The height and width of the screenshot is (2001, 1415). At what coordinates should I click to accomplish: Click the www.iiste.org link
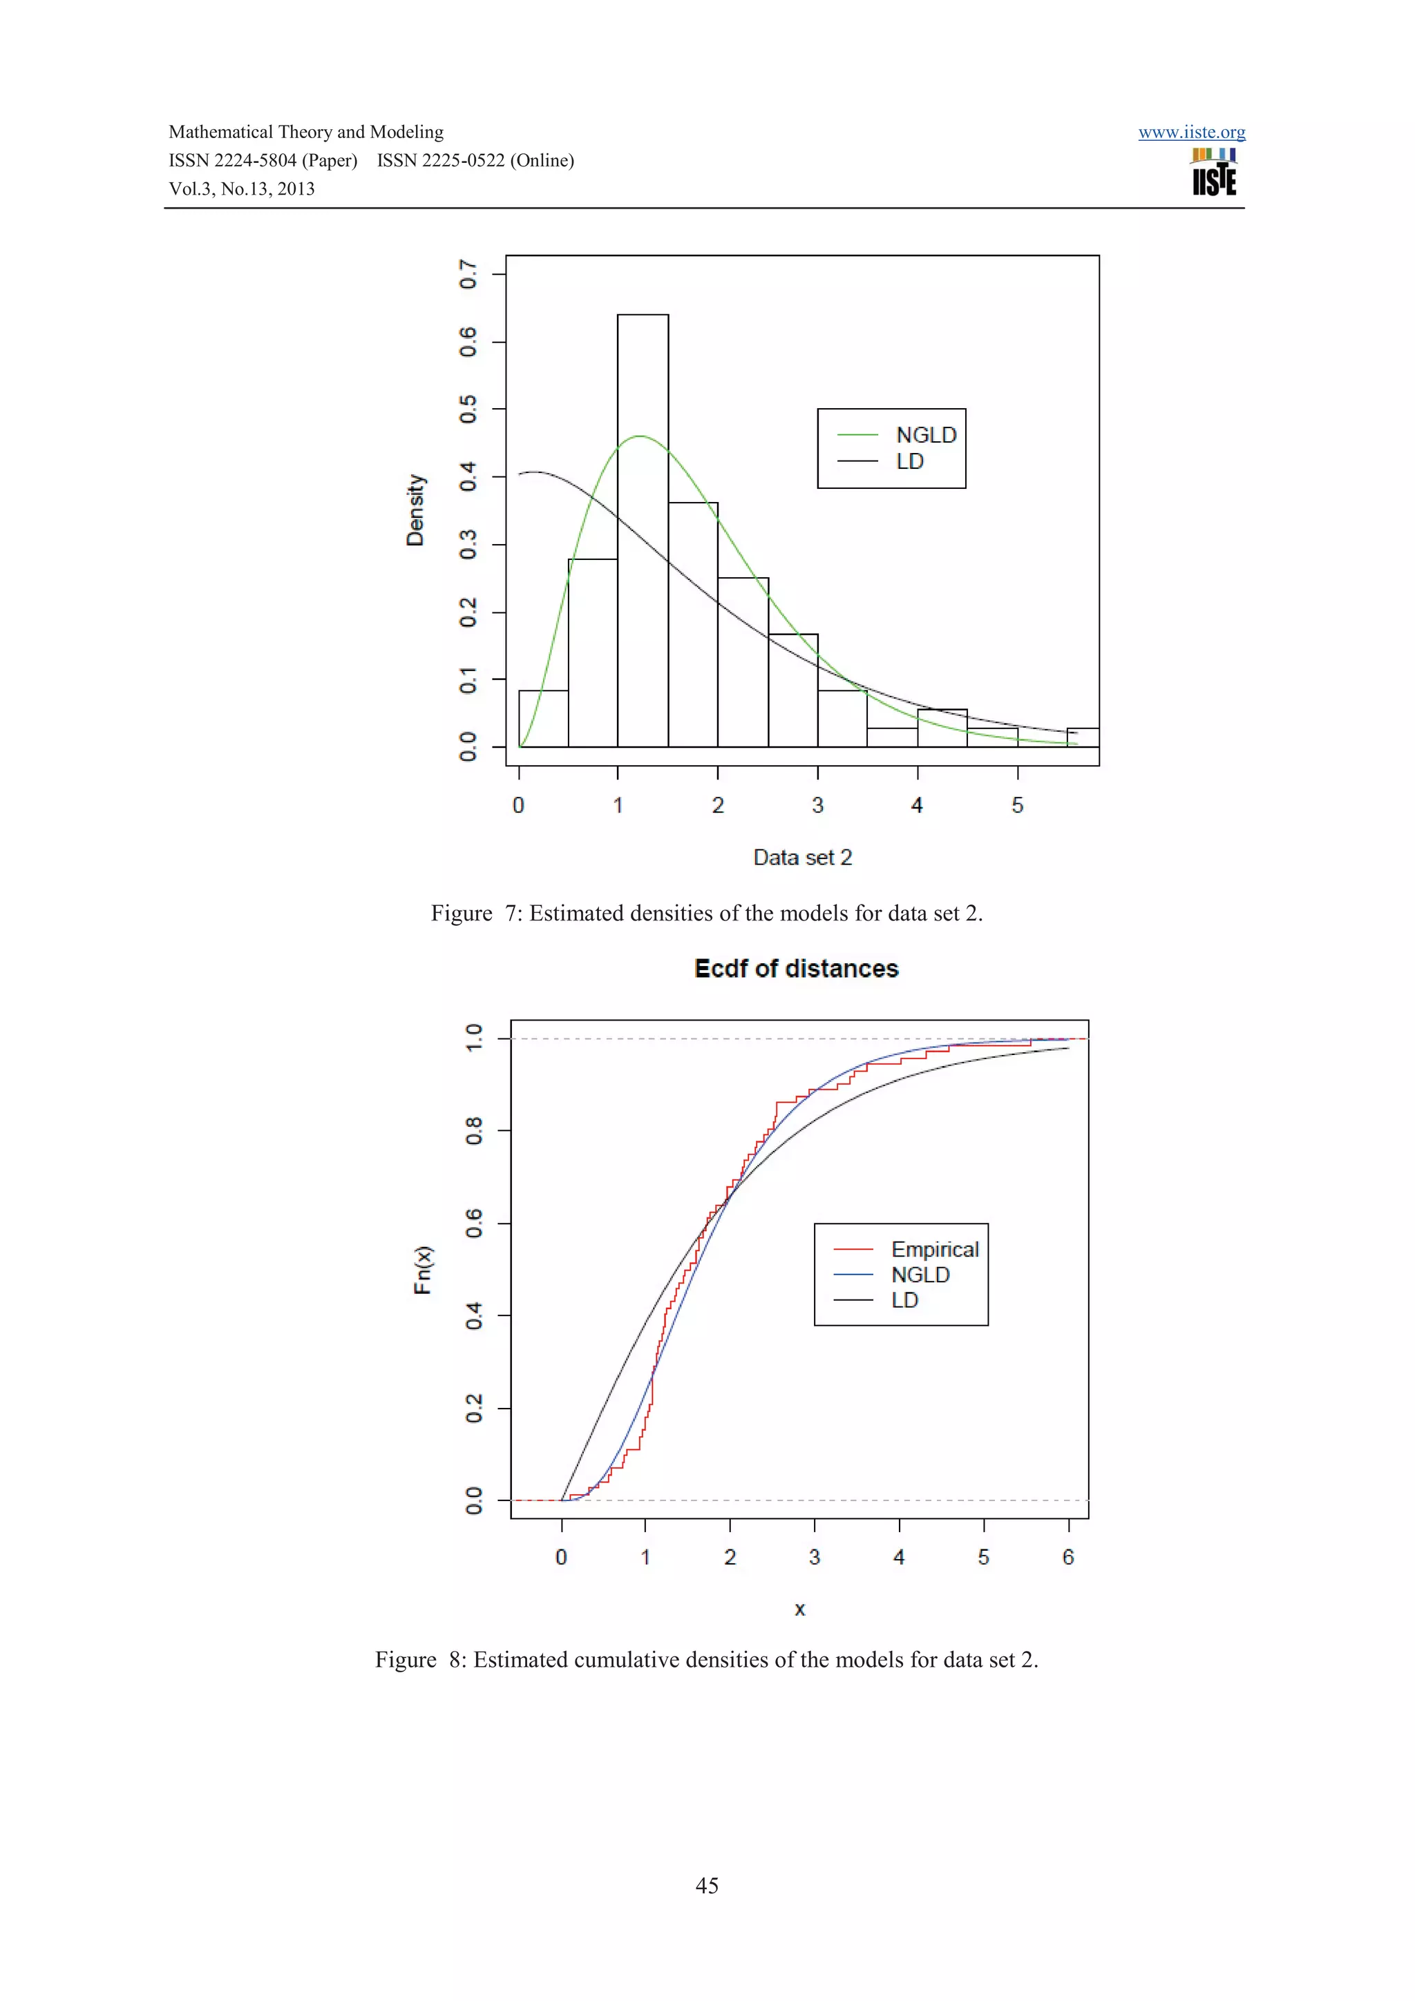(1191, 133)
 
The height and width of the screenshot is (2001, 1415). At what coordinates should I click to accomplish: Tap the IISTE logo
(1214, 172)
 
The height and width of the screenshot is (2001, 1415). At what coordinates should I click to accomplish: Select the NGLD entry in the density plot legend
(925, 435)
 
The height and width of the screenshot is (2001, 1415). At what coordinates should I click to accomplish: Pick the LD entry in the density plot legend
(909, 461)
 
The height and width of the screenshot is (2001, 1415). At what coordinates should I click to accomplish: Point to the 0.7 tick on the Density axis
(468, 275)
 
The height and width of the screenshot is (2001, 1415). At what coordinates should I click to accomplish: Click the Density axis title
(416, 511)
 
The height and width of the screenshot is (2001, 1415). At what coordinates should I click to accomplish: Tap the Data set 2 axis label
(802, 858)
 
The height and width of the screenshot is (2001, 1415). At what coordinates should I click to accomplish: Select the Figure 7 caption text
(706, 913)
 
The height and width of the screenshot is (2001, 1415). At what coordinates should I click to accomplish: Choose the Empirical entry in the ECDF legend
(933, 1249)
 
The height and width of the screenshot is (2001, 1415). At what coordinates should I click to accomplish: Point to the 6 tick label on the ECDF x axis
(1068, 1558)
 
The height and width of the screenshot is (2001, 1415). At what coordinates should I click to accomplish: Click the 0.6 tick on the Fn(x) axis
(473, 1224)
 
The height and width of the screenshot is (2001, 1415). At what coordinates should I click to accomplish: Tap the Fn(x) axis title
(423, 1270)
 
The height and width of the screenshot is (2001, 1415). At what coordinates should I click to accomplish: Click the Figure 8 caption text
(706, 1659)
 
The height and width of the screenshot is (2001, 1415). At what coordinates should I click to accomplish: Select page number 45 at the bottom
(706, 1886)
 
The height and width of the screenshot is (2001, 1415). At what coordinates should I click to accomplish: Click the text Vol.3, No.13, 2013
(242, 189)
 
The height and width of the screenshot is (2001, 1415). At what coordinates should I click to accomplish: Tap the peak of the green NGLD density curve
(640, 436)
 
